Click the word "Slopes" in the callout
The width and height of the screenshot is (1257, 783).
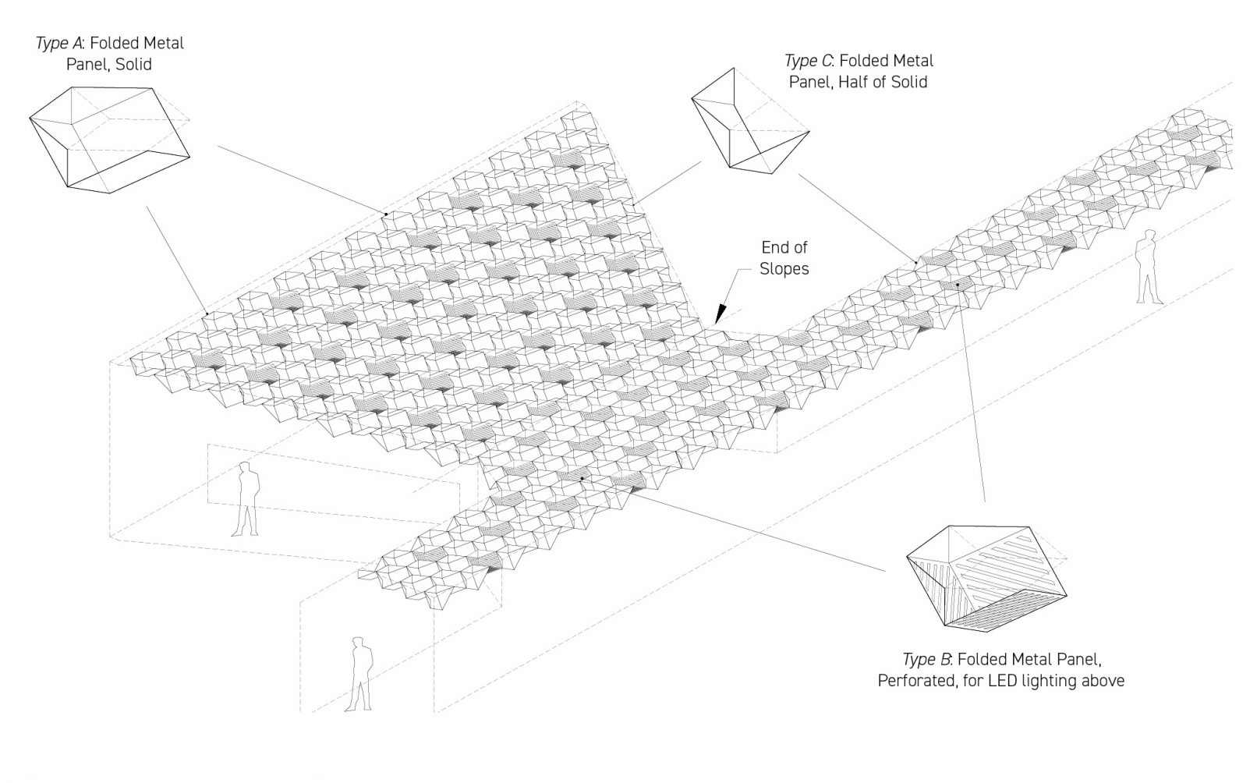click(784, 269)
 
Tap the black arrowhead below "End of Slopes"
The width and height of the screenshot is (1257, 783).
click(720, 314)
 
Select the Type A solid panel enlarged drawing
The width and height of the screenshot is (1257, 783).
click(109, 136)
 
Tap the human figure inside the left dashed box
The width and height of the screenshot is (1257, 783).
click(247, 499)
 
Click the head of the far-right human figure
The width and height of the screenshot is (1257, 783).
click(1149, 236)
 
